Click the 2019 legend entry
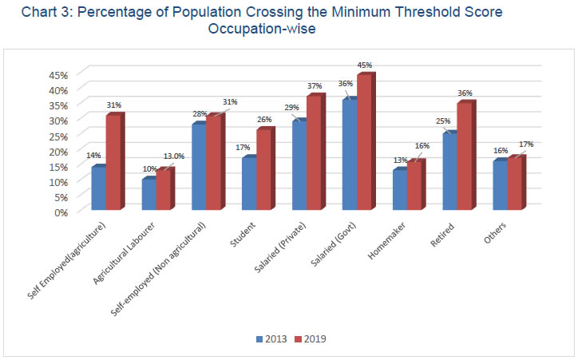pos(307,339)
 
